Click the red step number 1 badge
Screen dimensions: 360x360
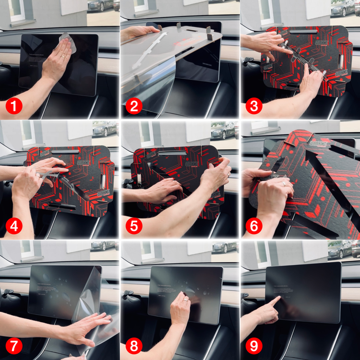point(14,106)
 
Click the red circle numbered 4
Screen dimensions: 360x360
point(14,226)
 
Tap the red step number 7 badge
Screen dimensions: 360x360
point(14,346)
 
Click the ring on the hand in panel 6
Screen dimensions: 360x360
point(284,183)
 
